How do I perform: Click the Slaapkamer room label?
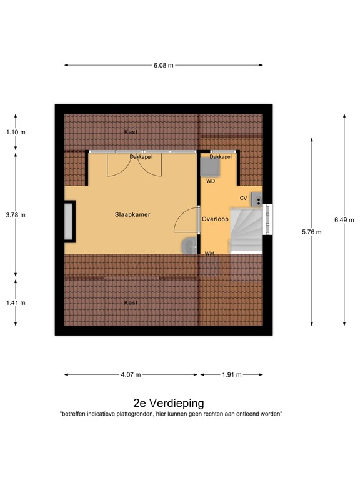click(x=132, y=214)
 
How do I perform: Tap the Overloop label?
click(x=215, y=219)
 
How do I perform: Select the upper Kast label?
click(x=131, y=132)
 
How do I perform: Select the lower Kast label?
click(x=131, y=302)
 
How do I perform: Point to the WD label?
click(x=211, y=181)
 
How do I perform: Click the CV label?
click(x=244, y=198)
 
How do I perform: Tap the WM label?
click(x=210, y=253)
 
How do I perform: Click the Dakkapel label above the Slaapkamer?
click(x=141, y=157)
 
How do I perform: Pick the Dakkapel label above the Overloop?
click(x=221, y=157)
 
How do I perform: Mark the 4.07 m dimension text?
click(x=131, y=375)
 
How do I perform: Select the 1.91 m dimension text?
click(x=232, y=375)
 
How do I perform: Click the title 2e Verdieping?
click(x=169, y=403)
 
